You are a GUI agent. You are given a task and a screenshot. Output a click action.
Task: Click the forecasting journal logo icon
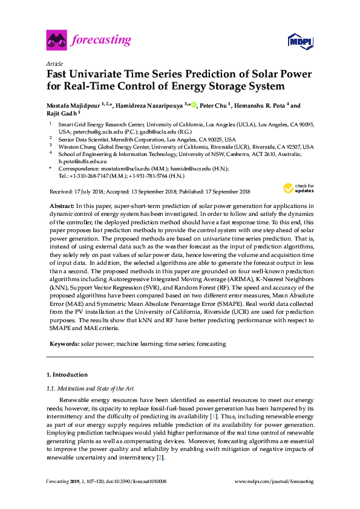click(x=56, y=41)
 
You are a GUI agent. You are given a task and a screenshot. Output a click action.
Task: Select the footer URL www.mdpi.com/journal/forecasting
click(x=273, y=481)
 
